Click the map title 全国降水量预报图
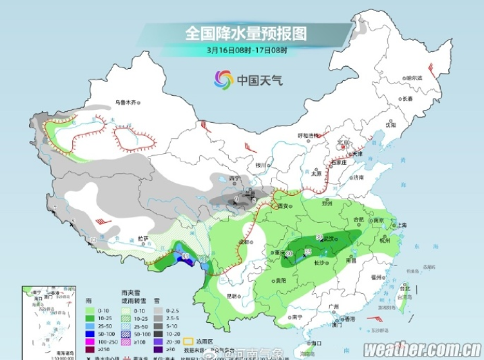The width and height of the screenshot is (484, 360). pyautogui.click(x=245, y=32)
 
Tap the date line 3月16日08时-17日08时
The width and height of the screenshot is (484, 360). pyautogui.click(x=247, y=50)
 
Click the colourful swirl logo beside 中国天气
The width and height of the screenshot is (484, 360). pyautogui.click(x=223, y=80)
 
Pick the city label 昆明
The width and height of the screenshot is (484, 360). pyautogui.click(x=232, y=296)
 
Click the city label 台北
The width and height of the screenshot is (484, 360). pyautogui.click(x=405, y=286)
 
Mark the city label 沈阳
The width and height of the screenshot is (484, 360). pyautogui.click(x=390, y=125)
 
